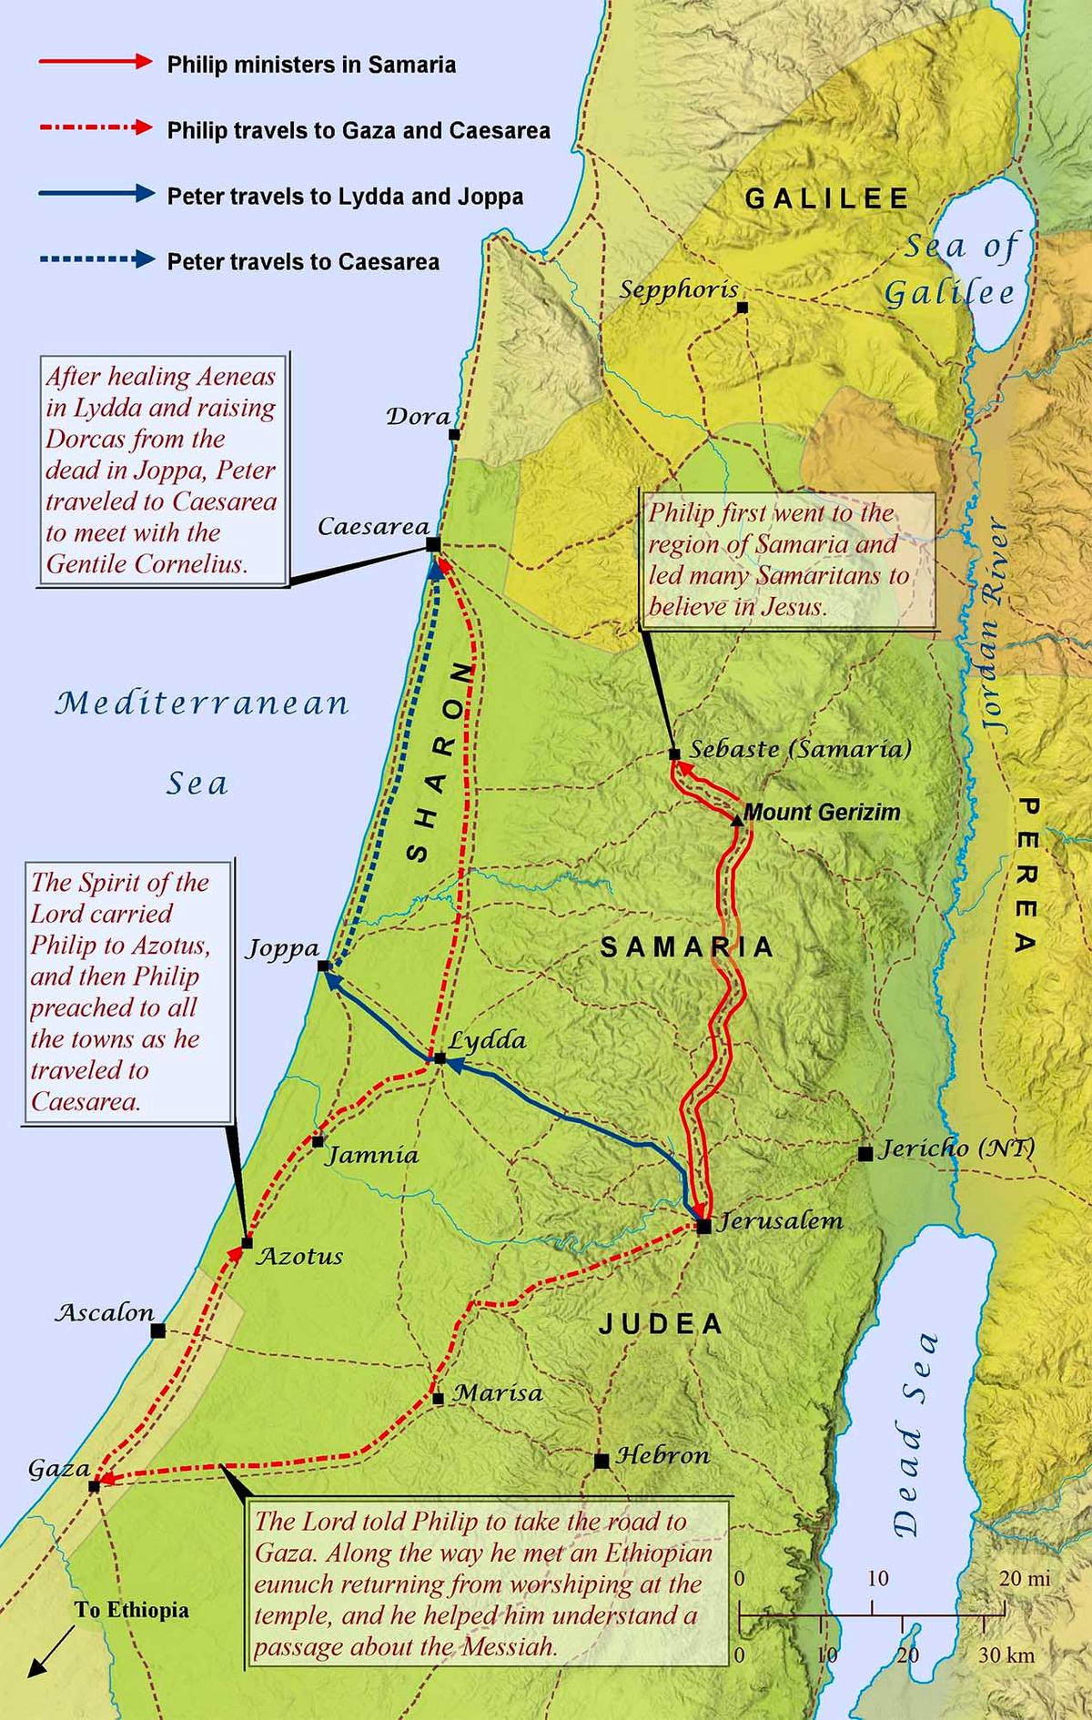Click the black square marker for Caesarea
pyautogui.click(x=433, y=544)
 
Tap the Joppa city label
pyautogui.click(x=282, y=949)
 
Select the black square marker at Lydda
pyautogui.click(x=440, y=1058)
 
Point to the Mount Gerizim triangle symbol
pyautogui.click(x=737, y=821)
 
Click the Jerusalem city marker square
pyautogui.click(x=704, y=1227)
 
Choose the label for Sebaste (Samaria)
pyautogui.click(x=799, y=749)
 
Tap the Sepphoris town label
pyautogui.click(x=679, y=289)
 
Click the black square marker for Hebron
pyautogui.click(x=602, y=1462)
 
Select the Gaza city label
pyautogui.click(x=58, y=1468)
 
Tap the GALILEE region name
pyautogui.click(x=826, y=198)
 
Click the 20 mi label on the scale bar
pyautogui.click(x=1025, y=1578)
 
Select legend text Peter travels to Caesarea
pyautogui.click(x=303, y=262)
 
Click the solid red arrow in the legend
pyautogui.click(x=95, y=62)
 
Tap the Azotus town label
pyautogui.click(x=299, y=1257)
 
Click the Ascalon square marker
pyautogui.click(x=158, y=1331)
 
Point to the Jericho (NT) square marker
pyautogui.click(x=865, y=1154)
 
